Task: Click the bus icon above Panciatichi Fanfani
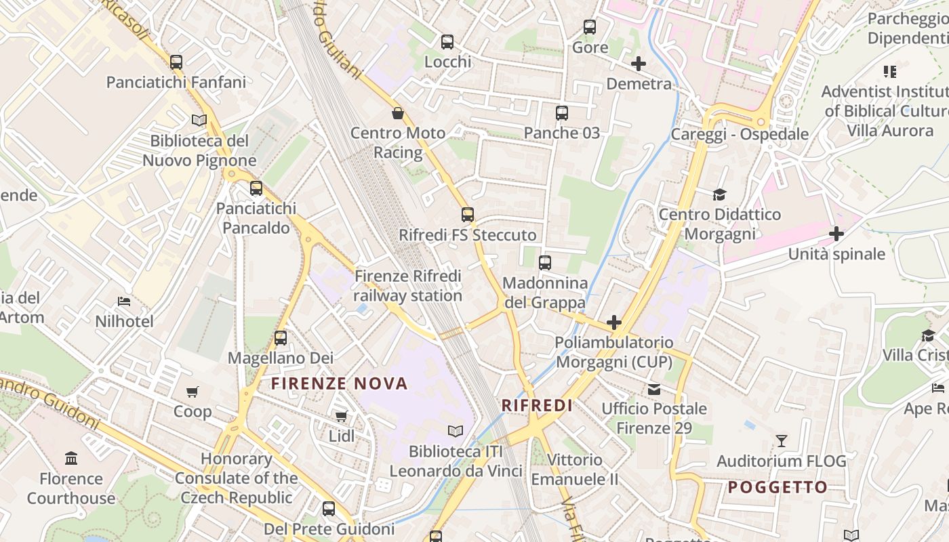(176, 62)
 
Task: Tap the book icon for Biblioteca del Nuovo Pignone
(199, 120)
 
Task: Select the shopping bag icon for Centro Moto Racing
(398, 113)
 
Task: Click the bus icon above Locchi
(447, 42)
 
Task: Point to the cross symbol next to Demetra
(638, 64)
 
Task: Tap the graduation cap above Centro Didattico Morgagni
(719, 195)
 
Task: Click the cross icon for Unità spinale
(836, 234)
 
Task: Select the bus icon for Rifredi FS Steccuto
(468, 215)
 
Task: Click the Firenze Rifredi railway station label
(408, 286)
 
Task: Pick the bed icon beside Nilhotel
(124, 301)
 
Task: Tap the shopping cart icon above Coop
(193, 392)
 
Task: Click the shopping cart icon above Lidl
(341, 416)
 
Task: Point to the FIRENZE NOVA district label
(340, 383)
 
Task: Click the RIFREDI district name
(537, 405)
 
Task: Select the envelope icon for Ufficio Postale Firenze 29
(654, 389)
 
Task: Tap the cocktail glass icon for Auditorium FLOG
(782, 441)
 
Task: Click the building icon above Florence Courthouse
(71, 459)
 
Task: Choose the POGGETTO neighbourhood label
(778, 487)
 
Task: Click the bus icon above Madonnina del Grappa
(545, 263)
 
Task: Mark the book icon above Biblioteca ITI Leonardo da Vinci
(456, 431)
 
